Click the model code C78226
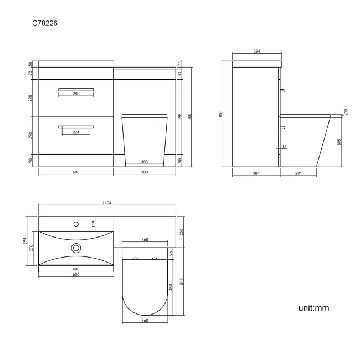click(47, 24)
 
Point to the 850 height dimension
click(221, 114)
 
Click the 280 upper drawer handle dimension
click(76, 94)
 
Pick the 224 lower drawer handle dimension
click(75, 132)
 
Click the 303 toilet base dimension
click(143, 162)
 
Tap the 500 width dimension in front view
click(145, 172)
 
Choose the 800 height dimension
click(189, 117)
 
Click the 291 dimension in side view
click(298, 173)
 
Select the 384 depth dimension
click(256, 173)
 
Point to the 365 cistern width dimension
click(145, 240)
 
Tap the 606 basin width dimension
click(75, 274)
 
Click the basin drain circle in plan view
click(76, 248)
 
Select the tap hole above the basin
click(76, 224)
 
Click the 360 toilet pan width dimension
click(144, 321)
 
